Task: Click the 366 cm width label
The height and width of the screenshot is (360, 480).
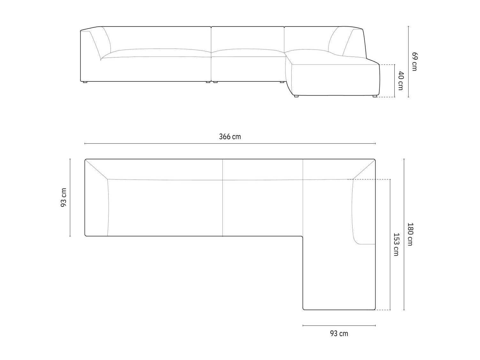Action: coord(230,137)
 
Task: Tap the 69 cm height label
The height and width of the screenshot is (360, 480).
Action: coord(415,61)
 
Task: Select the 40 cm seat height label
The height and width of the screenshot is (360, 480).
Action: coord(401,80)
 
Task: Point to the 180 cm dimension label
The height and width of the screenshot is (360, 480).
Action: coord(410,234)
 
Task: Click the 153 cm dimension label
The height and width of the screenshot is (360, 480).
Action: coord(396,244)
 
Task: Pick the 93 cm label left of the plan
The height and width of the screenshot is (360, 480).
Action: coord(64,197)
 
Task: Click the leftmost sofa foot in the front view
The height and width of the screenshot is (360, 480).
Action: coord(85,82)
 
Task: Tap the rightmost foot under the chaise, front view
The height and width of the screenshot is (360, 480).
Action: coord(375,96)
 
